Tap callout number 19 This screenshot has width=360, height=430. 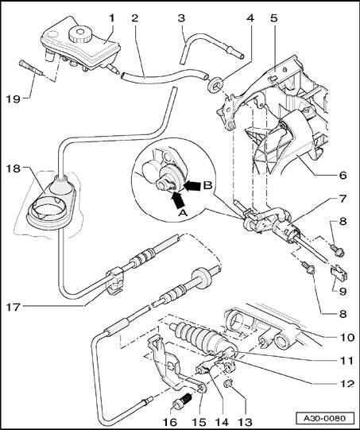[x=14, y=99]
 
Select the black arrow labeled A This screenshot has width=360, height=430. [x=178, y=200]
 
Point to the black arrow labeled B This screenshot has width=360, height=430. [x=192, y=186]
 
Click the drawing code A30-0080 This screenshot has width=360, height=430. [x=325, y=419]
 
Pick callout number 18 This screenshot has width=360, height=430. [x=13, y=169]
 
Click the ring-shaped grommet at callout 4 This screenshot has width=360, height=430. [x=215, y=84]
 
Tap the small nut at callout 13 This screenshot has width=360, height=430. [x=227, y=384]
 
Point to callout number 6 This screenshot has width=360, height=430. [x=343, y=175]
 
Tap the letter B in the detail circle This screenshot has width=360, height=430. [x=208, y=186]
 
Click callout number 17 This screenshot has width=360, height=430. [x=13, y=308]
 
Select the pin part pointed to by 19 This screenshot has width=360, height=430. [x=30, y=68]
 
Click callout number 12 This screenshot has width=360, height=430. [x=346, y=383]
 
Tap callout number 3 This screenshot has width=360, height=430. [x=181, y=18]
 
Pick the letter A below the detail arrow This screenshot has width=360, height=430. [x=183, y=213]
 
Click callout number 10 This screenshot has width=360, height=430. [x=346, y=337]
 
